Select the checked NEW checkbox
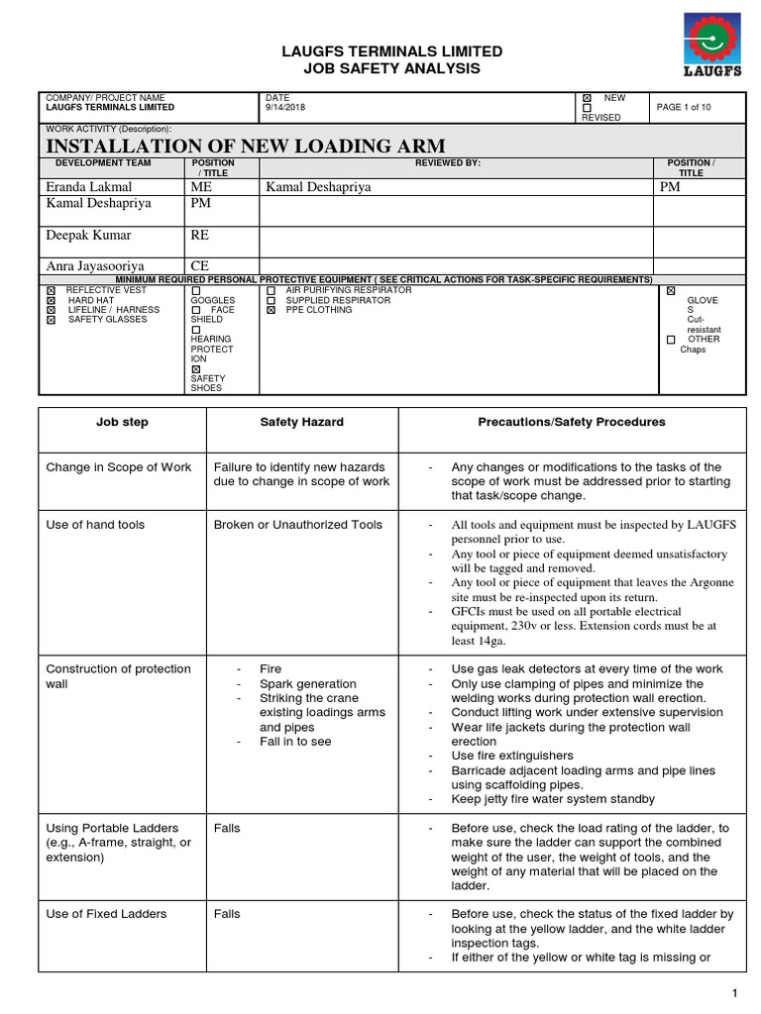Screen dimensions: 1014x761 (x=587, y=98)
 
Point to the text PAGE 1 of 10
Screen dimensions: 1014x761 (x=683, y=107)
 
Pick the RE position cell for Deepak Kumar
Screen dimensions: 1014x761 (x=200, y=236)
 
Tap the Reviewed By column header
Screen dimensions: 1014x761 (x=448, y=162)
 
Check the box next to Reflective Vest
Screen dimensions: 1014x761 (x=52, y=290)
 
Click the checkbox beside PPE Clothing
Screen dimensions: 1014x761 (x=272, y=310)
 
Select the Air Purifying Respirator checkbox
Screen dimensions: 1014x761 (x=272, y=290)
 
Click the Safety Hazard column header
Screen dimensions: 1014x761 (x=301, y=422)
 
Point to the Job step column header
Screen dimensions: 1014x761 (x=122, y=422)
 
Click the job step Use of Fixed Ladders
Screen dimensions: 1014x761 (x=106, y=913)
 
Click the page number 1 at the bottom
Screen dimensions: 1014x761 (x=734, y=993)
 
